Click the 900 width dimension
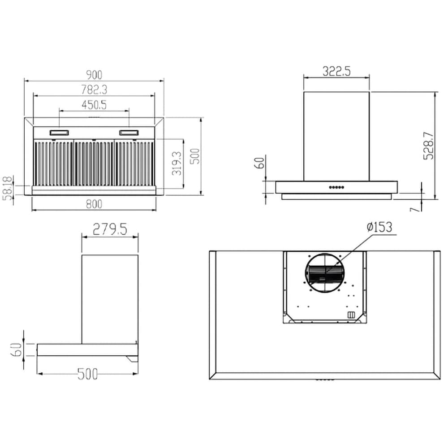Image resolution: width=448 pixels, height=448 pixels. coord(94,75)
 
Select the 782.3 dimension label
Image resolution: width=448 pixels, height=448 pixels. coord(94,90)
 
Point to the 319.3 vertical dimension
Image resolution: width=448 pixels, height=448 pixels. coord(177,163)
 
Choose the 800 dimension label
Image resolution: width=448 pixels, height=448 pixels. coord(94,204)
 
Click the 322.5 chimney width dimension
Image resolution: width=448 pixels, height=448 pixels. coord(336,71)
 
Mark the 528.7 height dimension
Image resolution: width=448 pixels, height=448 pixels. coord(428,146)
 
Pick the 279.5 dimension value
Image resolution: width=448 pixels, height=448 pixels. coord(110,229)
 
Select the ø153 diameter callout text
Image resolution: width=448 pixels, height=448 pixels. coord(379,227)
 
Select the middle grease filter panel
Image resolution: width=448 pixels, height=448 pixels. coord(94,163)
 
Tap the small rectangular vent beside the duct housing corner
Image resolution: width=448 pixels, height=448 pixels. coord(351,315)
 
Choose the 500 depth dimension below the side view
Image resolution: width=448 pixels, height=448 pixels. coord(87,374)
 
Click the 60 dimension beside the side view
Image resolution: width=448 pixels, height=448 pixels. coord(17,349)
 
